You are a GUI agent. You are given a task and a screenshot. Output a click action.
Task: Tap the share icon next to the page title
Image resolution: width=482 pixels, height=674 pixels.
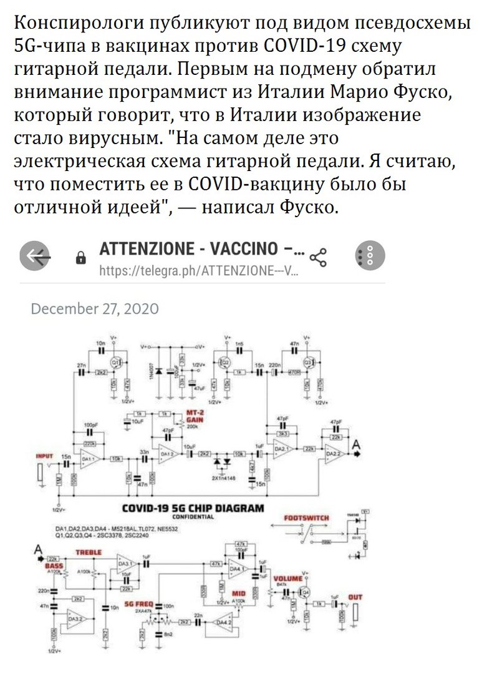(x=319, y=256)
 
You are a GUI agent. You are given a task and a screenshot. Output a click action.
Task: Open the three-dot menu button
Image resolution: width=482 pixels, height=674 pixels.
(x=370, y=256)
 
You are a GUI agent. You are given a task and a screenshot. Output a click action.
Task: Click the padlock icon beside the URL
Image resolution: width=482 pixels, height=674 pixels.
(x=80, y=258)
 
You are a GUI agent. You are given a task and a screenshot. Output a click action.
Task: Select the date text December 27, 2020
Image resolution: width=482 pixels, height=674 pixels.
(x=95, y=308)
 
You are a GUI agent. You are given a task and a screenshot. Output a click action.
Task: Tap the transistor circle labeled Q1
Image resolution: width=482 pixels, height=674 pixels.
(x=115, y=363)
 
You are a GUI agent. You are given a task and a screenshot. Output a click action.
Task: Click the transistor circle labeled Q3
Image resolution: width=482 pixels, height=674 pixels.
(x=307, y=363)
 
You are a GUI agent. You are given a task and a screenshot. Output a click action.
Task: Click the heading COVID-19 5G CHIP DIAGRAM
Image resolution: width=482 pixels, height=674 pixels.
(x=193, y=508)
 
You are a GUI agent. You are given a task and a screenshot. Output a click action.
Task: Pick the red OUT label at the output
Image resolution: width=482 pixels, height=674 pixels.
(x=355, y=598)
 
